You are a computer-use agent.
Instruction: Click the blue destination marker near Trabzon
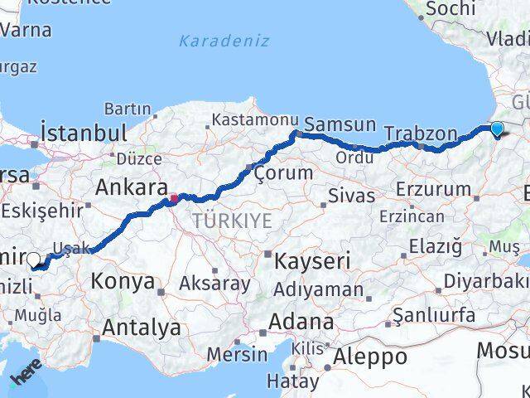496,129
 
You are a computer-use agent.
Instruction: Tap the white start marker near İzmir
34,260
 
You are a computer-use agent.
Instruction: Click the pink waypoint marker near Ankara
174,198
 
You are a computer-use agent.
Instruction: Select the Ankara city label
132,187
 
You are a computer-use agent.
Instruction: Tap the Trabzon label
421,133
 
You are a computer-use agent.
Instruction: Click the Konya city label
123,281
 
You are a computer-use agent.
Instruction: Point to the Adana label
306,322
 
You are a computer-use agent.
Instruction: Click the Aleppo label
369,357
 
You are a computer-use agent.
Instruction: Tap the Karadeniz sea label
224,39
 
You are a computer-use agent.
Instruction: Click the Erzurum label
433,189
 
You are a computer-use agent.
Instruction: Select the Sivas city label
351,197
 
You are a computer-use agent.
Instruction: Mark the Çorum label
284,173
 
